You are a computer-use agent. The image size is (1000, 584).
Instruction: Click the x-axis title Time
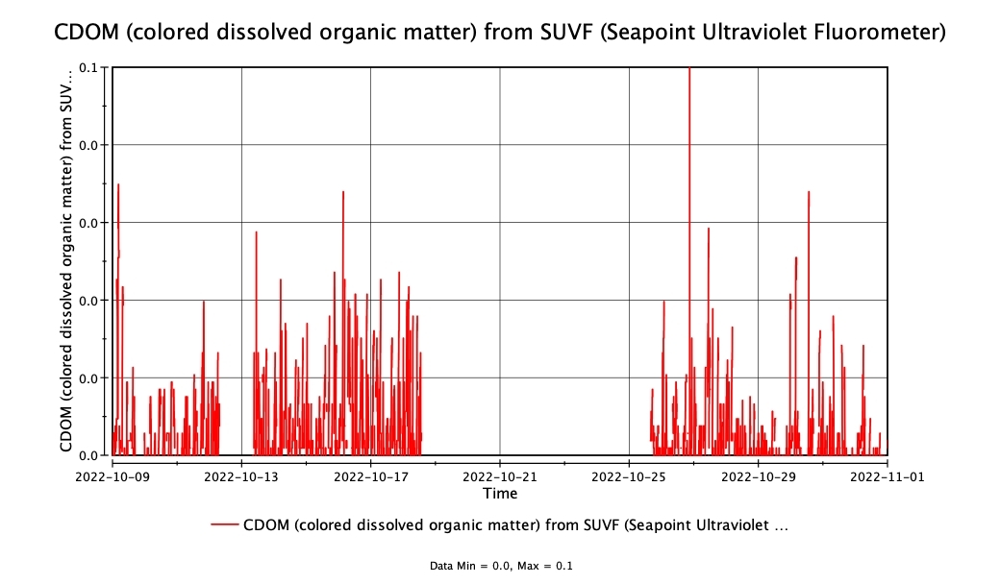click(x=500, y=493)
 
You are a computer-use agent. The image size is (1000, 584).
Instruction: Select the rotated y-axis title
click(x=66, y=259)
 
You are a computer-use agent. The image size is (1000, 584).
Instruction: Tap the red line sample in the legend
click(x=224, y=524)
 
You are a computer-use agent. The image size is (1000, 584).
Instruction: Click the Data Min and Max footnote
click(x=500, y=566)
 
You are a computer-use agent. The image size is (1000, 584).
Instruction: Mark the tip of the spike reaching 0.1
click(x=689, y=68)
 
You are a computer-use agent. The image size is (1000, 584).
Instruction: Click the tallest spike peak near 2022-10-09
click(x=118, y=184)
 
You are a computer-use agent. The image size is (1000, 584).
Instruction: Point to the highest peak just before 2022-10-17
click(x=343, y=192)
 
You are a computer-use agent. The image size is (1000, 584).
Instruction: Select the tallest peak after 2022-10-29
click(x=809, y=192)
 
